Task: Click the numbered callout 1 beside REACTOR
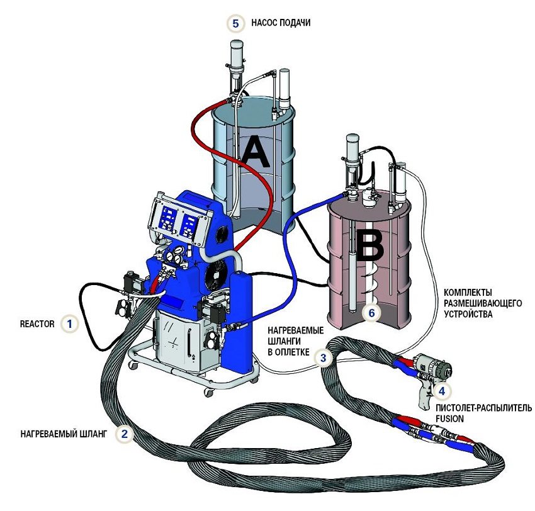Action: (70, 324)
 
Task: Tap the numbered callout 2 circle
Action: (125, 434)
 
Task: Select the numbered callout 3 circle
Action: (323, 359)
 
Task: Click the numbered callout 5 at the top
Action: (235, 23)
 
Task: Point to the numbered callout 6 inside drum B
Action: (371, 312)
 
